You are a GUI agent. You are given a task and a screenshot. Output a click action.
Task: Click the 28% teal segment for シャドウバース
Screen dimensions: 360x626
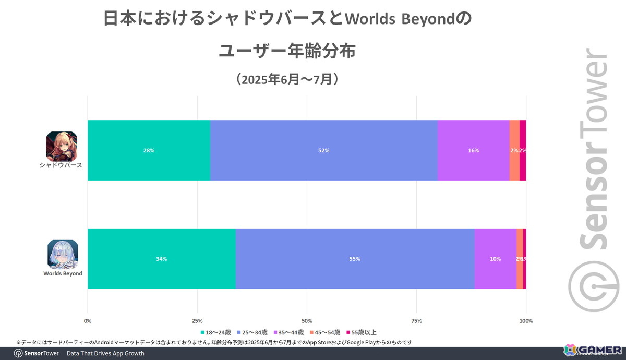tap(149, 150)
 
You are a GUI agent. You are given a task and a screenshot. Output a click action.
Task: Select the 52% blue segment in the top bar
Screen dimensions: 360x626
tap(323, 150)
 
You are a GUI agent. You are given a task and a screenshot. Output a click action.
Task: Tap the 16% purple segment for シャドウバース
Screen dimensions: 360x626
tap(473, 150)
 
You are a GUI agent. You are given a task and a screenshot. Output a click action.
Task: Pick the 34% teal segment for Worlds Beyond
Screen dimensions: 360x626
tap(161, 259)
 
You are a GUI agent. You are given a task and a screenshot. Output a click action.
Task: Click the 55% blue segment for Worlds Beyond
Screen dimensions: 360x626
tap(355, 259)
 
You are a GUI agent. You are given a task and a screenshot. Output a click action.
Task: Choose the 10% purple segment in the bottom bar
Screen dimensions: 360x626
tap(495, 259)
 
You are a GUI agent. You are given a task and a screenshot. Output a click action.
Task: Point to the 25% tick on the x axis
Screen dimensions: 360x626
tap(197, 321)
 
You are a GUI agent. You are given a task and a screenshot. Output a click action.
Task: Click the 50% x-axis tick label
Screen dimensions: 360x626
tap(307, 321)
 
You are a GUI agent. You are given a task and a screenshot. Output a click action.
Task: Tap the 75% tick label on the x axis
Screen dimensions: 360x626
tap(416, 321)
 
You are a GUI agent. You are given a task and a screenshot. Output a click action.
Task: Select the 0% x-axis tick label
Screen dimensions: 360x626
tap(88, 321)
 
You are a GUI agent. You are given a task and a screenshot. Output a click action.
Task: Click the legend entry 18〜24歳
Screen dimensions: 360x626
tap(215, 332)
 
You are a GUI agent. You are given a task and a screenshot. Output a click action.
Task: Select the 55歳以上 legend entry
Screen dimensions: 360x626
tap(363, 332)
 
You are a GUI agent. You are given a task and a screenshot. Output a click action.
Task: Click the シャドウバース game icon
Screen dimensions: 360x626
tap(62, 146)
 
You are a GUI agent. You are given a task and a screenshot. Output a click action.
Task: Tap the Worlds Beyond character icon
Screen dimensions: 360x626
tap(63, 254)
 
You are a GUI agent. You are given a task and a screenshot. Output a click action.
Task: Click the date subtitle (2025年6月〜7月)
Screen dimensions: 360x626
tap(288, 80)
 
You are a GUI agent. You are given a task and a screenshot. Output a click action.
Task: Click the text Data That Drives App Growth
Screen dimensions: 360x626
tap(105, 353)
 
